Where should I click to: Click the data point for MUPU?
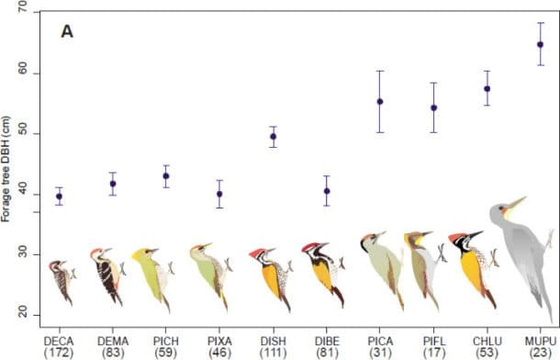[x=540, y=44]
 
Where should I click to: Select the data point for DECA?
[x=60, y=197]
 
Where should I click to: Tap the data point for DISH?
[x=273, y=137]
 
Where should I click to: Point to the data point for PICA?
[x=379, y=101]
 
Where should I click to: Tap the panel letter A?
[x=67, y=32]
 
